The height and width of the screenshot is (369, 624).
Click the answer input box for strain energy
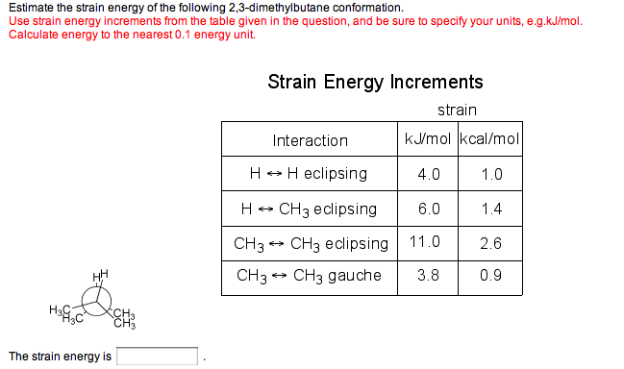pyautogui.click(x=158, y=357)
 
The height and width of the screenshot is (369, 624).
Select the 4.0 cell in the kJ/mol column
pyautogui.click(x=429, y=175)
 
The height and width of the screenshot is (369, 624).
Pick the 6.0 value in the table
pyautogui.click(x=429, y=209)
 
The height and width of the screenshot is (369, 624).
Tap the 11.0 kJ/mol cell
pyautogui.click(x=426, y=242)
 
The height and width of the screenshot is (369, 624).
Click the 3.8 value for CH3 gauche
pyautogui.click(x=429, y=276)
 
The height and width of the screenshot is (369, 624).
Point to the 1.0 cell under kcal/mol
pyautogui.click(x=490, y=175)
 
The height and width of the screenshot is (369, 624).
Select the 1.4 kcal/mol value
pyautogui.click(x=490, y=209)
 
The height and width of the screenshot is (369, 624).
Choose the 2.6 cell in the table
pyautogui.click(x=490, y=242)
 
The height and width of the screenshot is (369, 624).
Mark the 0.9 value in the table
pyautogui.click(x=490, y=276)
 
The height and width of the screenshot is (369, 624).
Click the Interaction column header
pyautogui.click(x=310, y=140)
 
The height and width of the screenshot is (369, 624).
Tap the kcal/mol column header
pyautogui.click(x=490, y=140)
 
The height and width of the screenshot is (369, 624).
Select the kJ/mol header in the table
pyautogui.click(x=428, y=140)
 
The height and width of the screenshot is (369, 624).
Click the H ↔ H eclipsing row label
pyautogui.click(x=309, y=174)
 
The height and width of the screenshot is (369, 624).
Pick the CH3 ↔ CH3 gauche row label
pyautogui.click(x=309, y=276)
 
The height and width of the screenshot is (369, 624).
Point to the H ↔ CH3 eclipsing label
pyautogui.click(x=309, y=209)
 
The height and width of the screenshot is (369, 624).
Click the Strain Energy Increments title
pyautogui.click(x=375, y=82)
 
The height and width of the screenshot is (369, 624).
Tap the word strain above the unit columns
pyautogui.click(x=457, y=111)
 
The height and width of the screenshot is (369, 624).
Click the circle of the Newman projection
pyautogui.click(x=95, y=305)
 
